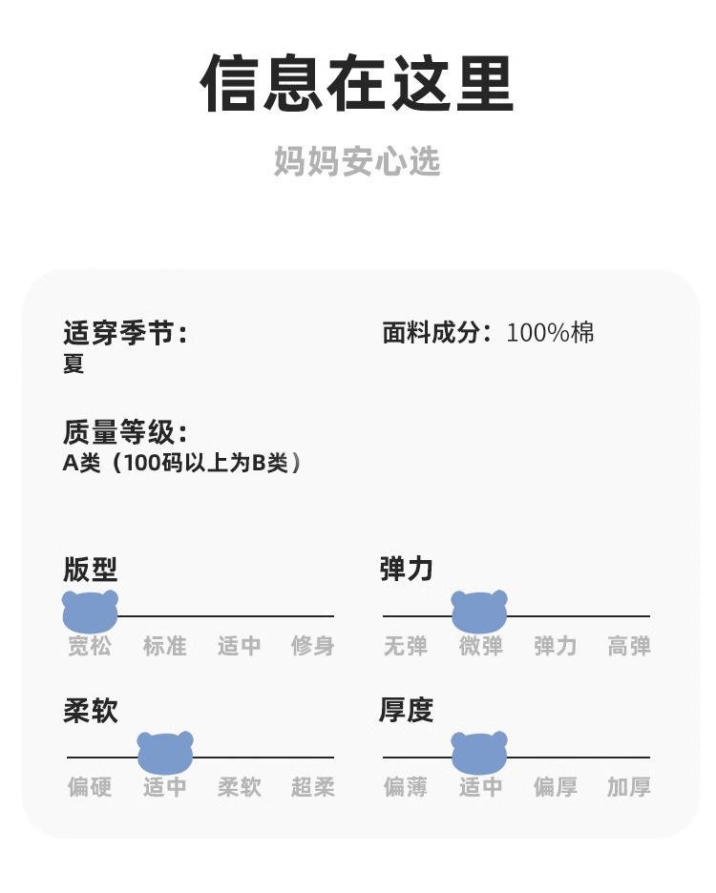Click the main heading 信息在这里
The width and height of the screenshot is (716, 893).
(357, 83)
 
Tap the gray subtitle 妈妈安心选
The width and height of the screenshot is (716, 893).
(357, 161)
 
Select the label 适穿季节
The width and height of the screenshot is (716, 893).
(125, 333)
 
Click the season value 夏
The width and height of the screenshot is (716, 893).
(74, 363)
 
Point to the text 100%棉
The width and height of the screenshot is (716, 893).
(550, 333)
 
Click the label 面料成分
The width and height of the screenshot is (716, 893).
(437, 333)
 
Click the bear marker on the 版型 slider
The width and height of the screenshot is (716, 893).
(90, 612)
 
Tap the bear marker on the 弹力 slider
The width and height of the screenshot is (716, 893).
(479, 612)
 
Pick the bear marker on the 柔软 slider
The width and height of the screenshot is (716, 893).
(165, 753)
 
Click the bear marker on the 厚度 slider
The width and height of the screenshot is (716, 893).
(479, 753)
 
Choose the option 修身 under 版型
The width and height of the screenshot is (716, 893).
(313, 646)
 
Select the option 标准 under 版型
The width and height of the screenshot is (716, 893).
(165, 646)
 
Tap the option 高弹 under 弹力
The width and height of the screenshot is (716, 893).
(629, 646)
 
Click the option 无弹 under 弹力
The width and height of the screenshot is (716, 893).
(406, 646)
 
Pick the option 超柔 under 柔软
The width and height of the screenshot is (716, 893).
(313, 787)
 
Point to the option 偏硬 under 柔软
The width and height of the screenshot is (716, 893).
(90, 787)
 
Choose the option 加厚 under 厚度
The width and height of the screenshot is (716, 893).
(629, 787)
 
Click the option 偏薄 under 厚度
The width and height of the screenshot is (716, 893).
(406, 787)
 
